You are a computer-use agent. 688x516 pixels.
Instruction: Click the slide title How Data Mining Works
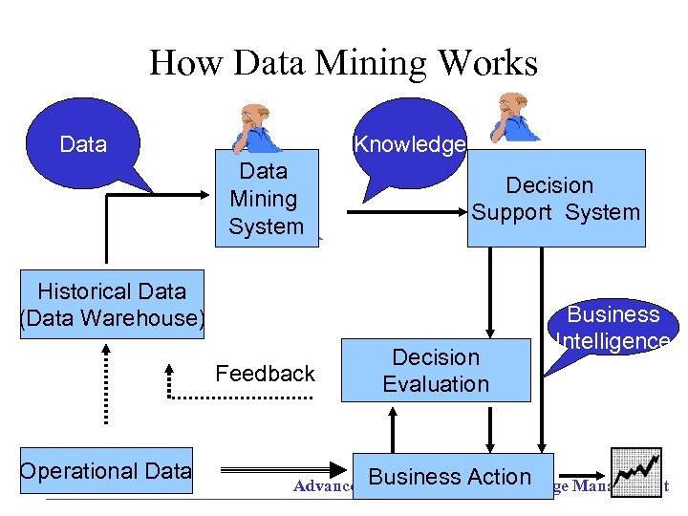click(x=343, y=63)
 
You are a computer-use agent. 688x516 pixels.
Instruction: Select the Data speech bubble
click(x=84, y=145)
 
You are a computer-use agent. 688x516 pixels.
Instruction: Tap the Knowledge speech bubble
click(x=409, y=143)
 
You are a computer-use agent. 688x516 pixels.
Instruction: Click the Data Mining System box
click(x=266, y=199)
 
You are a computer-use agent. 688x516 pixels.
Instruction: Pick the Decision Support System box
click(x=555, y=199)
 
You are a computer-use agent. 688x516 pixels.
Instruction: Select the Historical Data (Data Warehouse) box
click(x=112, y=305)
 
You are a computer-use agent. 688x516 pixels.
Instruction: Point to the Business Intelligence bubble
click(x=614, y=328)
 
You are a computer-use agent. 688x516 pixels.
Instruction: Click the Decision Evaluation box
click(x=436, y=370)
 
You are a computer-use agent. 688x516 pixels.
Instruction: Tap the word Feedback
click(x=265, y=374)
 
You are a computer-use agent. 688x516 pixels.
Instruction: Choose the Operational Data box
click(x=106, y=471)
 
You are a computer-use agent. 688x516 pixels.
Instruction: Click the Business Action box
click(x=449, y=477)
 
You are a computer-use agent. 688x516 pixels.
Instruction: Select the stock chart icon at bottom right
click(x=636, y=469)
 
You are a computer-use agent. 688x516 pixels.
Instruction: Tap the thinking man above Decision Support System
click(x=517, y=119)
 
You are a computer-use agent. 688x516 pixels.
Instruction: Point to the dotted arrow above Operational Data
click(x=105, y=382)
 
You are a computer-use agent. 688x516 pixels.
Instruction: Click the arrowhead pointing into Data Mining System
click(x=204, y=195)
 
